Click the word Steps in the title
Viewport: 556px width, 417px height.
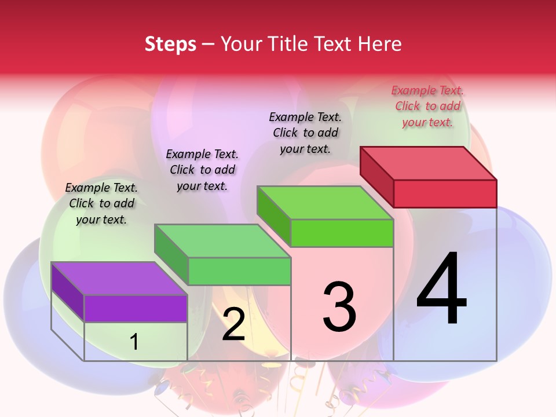click(x=170, y=45)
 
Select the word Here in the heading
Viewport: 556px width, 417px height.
click(x=381, y=45)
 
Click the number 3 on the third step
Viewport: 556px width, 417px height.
click(x=339, y=307)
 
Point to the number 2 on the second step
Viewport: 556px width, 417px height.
click(x=233, y=324)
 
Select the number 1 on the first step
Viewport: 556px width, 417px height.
click(x=134, y=342)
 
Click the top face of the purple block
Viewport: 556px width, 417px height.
click(x=119, y=279)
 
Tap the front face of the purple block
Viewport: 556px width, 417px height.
click(x=136, y=309)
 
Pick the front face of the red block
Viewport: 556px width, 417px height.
click(x=445, y=193)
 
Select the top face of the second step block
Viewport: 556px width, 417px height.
click(x=222, y=241)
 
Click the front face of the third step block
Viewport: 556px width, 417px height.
click(x=342, y=233)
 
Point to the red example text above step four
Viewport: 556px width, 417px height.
click(x=427, y=106)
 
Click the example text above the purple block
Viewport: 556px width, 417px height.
click(x=101, y=203)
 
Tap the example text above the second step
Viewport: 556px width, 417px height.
click(x=202, y=170)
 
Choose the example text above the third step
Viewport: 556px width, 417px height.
click(x=305, y=133)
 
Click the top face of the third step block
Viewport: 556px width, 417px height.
click(x=325, y=203)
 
